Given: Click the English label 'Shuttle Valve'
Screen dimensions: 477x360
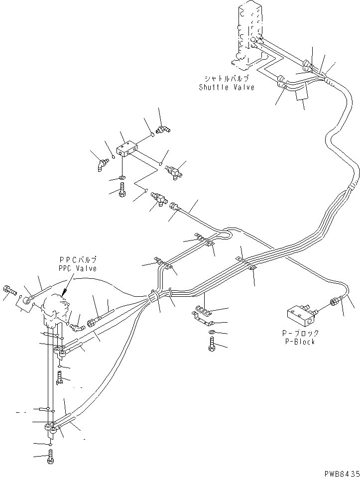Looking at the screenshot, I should coord(226,88).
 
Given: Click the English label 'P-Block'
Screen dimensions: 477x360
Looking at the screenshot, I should coord(298,342).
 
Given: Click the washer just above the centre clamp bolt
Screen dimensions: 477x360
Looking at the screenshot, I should coord(212,332).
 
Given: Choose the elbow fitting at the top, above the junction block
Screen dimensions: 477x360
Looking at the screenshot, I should coord(162,130).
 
